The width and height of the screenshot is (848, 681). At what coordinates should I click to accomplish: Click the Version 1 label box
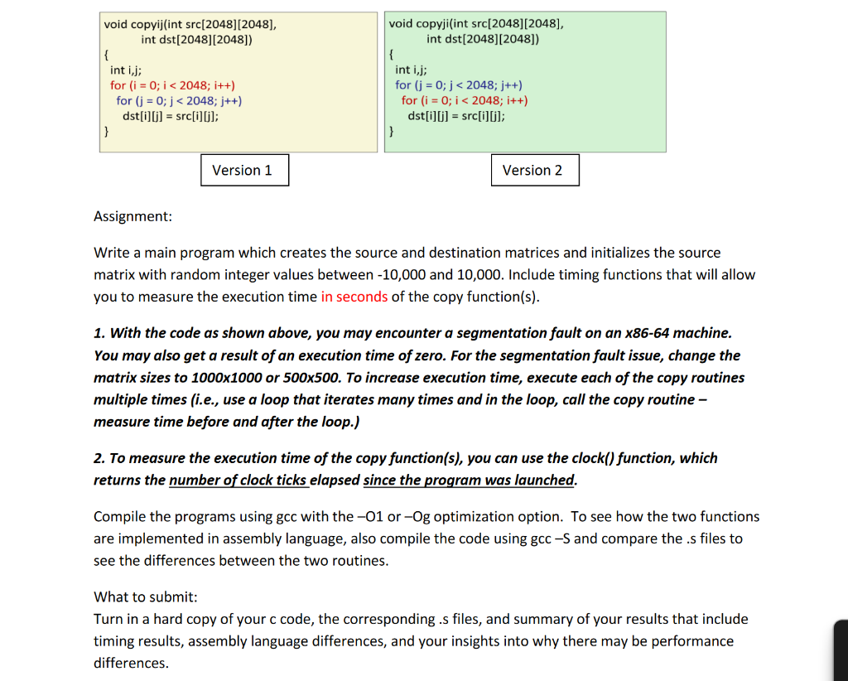click(244, 170)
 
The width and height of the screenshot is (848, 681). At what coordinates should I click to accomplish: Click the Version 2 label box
click(534, 170)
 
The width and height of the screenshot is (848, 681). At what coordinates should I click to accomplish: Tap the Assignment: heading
click(132, 216)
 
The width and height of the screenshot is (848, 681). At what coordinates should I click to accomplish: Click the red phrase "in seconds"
click(354, 297)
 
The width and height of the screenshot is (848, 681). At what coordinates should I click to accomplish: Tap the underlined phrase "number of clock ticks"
click(238, 481)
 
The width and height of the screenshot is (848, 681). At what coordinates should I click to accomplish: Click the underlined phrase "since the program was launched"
click(469, 481)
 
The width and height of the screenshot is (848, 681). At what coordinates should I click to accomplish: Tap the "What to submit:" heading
click(146, 596)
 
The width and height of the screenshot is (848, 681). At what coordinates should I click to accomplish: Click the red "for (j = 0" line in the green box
click(459, 85)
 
